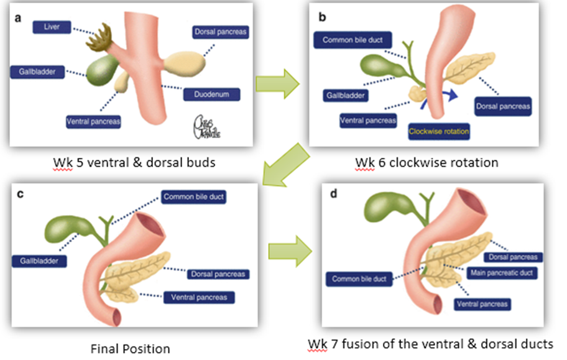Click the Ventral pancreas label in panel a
click(x=93, y=121)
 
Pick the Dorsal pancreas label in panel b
click(x=502, y=106)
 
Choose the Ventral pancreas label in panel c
click(x=199, y=297)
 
